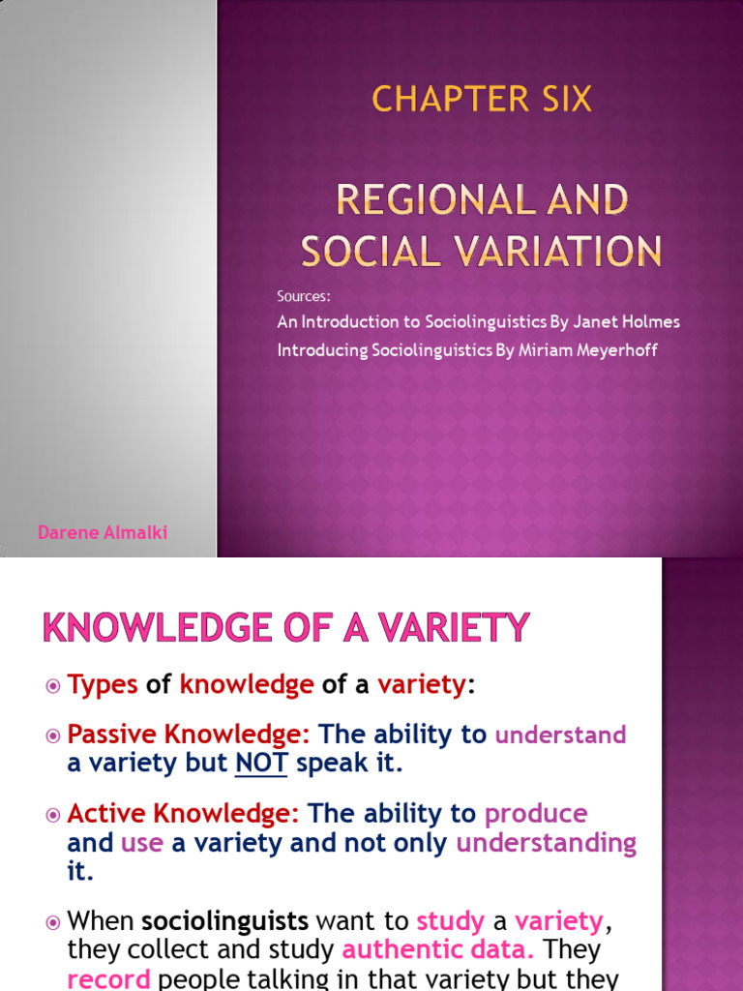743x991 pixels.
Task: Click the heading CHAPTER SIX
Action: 482,99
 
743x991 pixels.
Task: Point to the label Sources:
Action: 304,297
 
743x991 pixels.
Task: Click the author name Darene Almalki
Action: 103,533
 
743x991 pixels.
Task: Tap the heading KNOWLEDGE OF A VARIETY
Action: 286,628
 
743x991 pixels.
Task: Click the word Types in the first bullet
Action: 103,685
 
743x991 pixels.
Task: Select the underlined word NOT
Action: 261,763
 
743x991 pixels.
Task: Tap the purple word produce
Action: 536,813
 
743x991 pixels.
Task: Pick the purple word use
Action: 142,843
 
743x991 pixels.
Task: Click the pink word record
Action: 108,978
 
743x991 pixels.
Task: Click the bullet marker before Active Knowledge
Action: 53,814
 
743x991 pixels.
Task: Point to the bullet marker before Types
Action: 53,686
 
